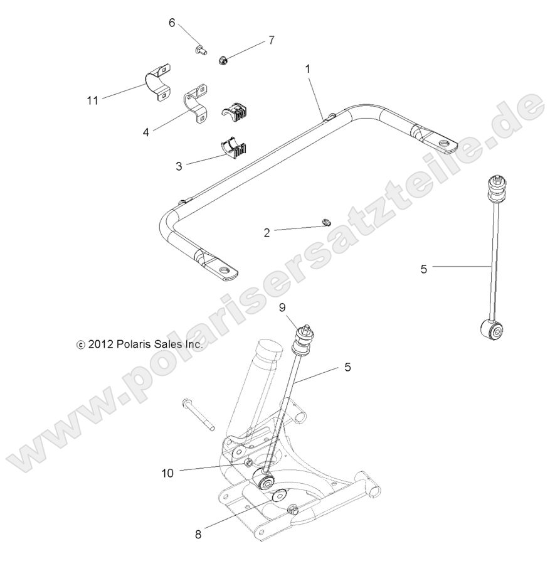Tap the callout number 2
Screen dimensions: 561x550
(x=267, y=232)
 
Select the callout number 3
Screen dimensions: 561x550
(x=179, y=166)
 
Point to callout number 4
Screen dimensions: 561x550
(x=146, y=132)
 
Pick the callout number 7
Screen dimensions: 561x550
(x=271, y=40)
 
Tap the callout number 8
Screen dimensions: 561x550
(x=198, y=535)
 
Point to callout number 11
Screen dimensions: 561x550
(x=93, y=100)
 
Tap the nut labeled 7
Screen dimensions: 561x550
(x=223, y=60)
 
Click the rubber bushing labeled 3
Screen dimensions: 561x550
(x=234, y=149)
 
